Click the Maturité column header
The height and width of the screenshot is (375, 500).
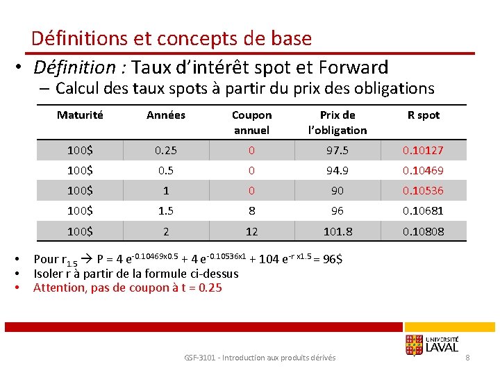[x=80, y=115]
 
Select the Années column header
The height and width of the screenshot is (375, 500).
[x=166, y=115]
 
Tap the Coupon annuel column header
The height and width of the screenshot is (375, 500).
[x=251, y=122]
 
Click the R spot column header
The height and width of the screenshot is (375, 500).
[x=424, y=115]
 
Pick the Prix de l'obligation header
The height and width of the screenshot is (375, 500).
[x=337, y=122]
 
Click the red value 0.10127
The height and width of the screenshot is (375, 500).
[x=424, y=151]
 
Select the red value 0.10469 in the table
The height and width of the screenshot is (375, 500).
[x=424, y=171]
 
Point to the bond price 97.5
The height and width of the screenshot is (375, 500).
[x=337, y=151]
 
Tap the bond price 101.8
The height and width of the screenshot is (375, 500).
[x=337, y=231]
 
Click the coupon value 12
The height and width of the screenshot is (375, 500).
[x=251, y=231]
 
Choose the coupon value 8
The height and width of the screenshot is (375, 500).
[x=251, y=211]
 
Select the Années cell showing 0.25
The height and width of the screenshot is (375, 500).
[x=166, y=151]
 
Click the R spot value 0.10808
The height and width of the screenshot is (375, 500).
[x=424, y=231]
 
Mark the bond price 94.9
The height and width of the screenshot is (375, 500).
[x=337, y=171]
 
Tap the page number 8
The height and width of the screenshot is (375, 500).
[x=468, y=358]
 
